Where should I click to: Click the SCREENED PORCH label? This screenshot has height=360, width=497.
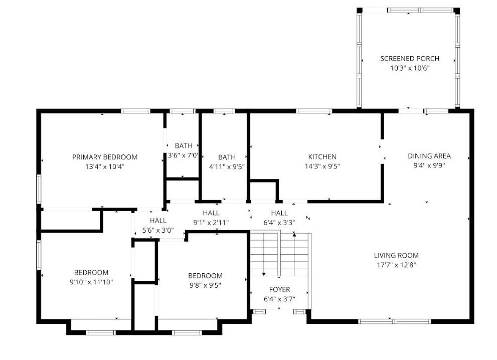click(410, 59)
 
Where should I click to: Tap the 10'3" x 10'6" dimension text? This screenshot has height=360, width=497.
click(410, 68)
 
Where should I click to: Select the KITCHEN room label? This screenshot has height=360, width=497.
click(322, 156)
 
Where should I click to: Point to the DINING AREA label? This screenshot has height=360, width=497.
click(429, 156)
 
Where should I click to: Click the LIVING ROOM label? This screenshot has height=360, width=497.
click(396, 255)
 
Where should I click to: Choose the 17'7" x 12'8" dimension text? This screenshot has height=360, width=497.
click(396, 265)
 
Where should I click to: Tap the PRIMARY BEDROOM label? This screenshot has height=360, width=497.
click(105, 157)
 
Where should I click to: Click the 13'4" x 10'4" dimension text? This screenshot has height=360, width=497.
click(105, 166)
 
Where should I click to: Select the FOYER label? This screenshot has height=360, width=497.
click(279, 290)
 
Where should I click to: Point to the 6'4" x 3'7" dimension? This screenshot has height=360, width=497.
click(279, 299)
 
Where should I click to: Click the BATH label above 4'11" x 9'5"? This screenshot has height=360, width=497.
click(227, 157)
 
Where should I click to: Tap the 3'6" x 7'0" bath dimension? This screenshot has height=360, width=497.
click(183, 155)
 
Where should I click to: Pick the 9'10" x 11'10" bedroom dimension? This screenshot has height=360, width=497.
click(91, 282)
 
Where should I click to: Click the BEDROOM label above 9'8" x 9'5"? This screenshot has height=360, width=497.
click(206, 276)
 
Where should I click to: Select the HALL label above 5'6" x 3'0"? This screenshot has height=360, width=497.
click(158, 221)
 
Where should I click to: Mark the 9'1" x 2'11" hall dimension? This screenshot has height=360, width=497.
click(211, 223)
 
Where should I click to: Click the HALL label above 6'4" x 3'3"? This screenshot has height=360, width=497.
click(279, 213)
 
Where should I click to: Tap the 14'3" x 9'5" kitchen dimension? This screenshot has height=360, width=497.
click(322, 166)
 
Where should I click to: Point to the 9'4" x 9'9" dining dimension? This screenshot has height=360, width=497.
click(429, 165)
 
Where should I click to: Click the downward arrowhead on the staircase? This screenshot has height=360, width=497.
click(264, 274)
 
